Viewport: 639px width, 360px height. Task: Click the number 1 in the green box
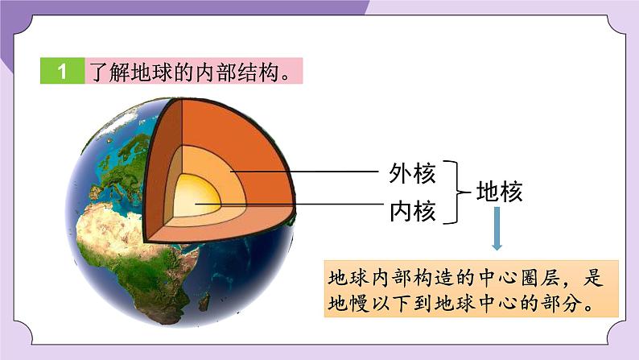tap(61, 72)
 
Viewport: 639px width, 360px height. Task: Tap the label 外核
tap(412, 173)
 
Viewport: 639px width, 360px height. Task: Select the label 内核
tap(412, 211)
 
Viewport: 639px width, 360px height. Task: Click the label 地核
tap(500, 191)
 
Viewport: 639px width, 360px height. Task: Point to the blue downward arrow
tap(497, 228)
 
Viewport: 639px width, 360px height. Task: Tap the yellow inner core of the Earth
tap(197, 196)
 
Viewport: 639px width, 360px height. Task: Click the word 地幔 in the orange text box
tap(348, 303)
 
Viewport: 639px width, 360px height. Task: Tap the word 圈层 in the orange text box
tap(542, 278)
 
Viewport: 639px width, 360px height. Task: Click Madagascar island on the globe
tap(204, 302)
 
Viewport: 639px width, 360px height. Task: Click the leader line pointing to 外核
tap(304, 172)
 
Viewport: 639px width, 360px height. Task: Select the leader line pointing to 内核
tap(290, 204)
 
